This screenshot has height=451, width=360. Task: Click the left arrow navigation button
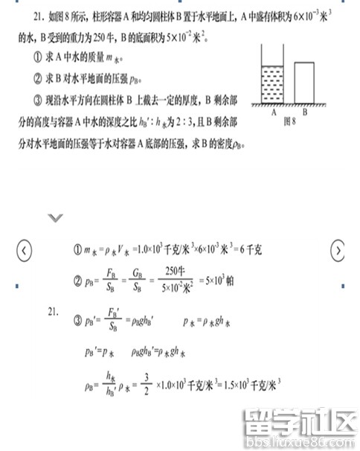[x=25, y=250]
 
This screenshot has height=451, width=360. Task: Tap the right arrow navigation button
[x=338, y=250]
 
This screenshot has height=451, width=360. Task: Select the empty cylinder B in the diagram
[x=303, y=84]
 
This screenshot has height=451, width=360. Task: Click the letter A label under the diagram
[x=274, y=113]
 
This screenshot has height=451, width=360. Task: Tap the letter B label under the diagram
[x=303, y=113]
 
